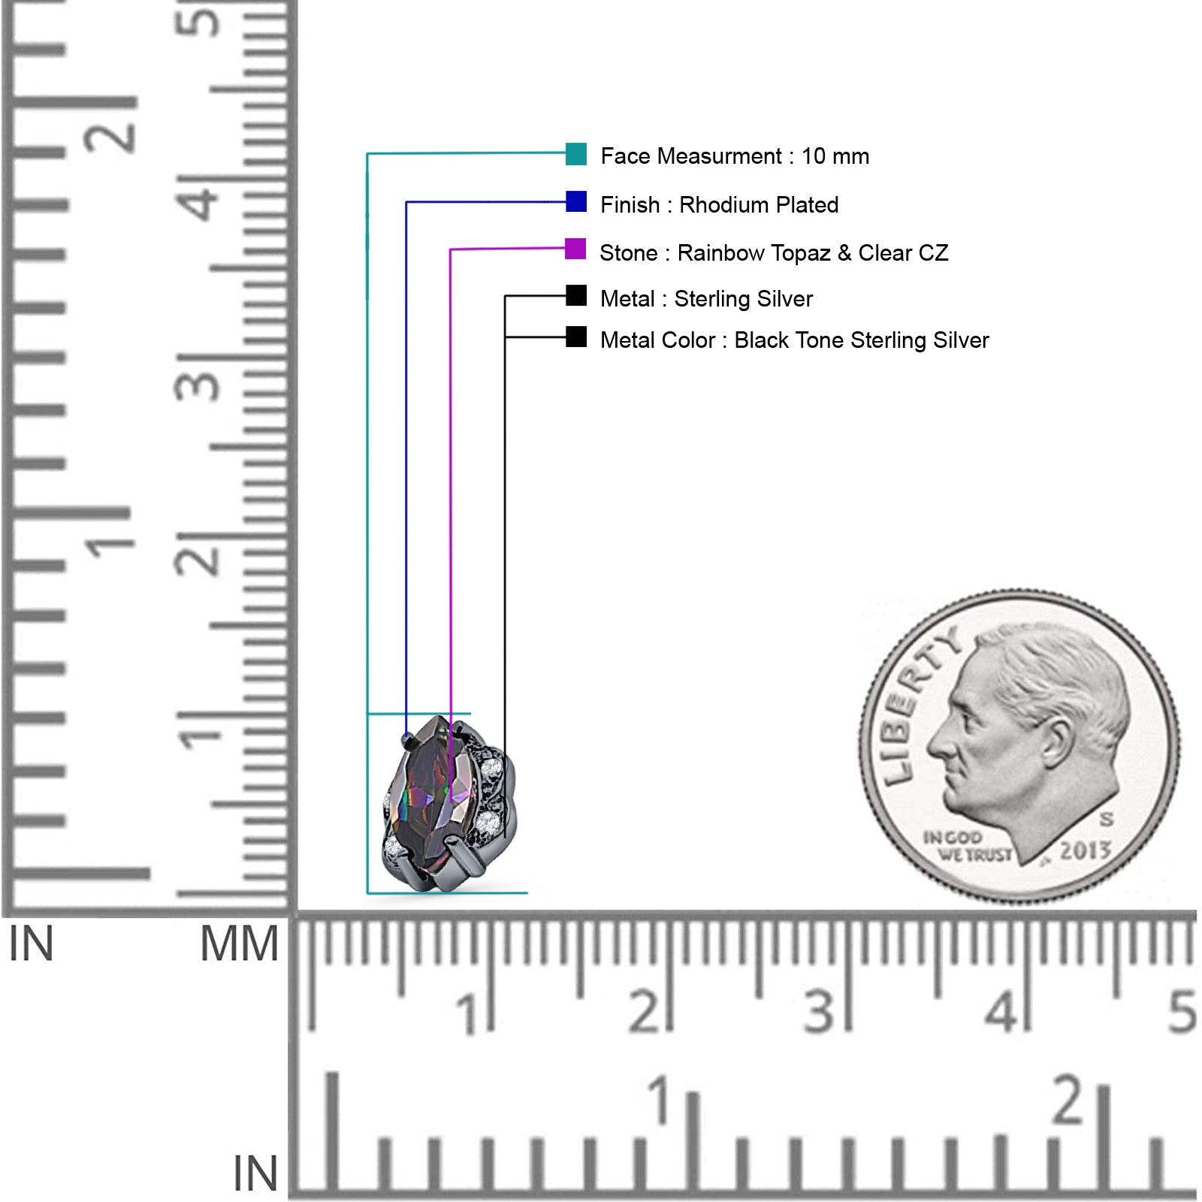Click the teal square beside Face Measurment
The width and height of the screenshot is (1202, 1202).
click(576, 153)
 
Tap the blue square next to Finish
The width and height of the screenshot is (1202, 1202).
click(576, 201)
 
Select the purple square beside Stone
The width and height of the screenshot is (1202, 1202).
click(575, 249)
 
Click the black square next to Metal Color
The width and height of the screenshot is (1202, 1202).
click(576, 337)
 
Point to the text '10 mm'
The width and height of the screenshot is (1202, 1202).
click(835, 156)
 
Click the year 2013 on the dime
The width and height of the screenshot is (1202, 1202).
click(1086, 851)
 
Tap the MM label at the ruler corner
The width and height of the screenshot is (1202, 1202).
click(239, 944)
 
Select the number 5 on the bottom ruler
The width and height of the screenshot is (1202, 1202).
click(1182, 1011)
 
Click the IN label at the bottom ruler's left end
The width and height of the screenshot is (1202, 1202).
click(255, 1173)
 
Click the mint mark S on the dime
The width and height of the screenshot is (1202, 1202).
click(1107, 818)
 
